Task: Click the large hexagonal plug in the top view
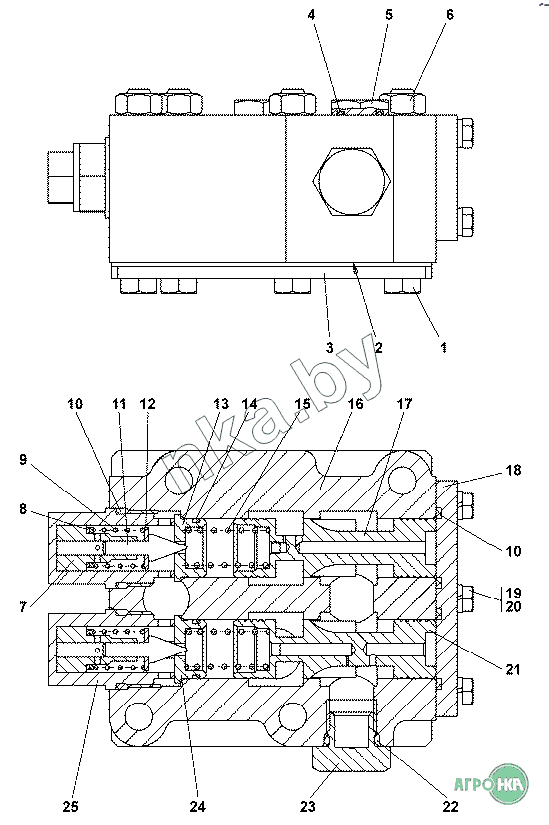pyautogui.click(x=352, y=182)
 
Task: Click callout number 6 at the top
pyautogui.click(x=450, y=15)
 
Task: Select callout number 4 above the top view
pyautogui.click(x=312, y=15)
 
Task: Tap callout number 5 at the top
pyautogui.click(x=388, y=15)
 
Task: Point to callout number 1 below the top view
pyautogui.click(x=444, y=347)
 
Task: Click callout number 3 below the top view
pyautogui.click(x=330, y=347)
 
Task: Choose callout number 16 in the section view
pyautogui.click(x=356, y=404)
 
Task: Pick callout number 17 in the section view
pyautogui.click(x=404, y=404)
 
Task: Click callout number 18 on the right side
pyautogui.click(x=513, y=470)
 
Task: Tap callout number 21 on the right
pyautogui.click(x=513, y=669)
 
